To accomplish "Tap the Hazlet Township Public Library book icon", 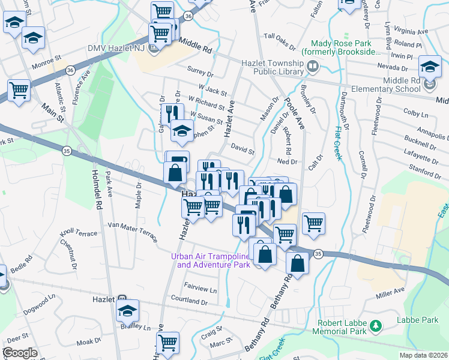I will coord(312,68).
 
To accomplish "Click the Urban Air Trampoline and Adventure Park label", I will coord(210,260).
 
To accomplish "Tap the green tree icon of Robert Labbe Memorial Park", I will coord(376,326).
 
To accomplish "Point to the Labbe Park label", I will coord(417,320).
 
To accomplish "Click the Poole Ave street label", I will coord(295,113).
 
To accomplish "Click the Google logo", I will coord(20,353).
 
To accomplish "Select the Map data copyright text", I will coord(423,355).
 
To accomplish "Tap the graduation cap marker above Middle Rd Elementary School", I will coord(430,66).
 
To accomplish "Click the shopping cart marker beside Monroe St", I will coord(19,91).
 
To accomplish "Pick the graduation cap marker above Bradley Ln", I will coord(127,310).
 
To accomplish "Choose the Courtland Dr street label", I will coord(188,299).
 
